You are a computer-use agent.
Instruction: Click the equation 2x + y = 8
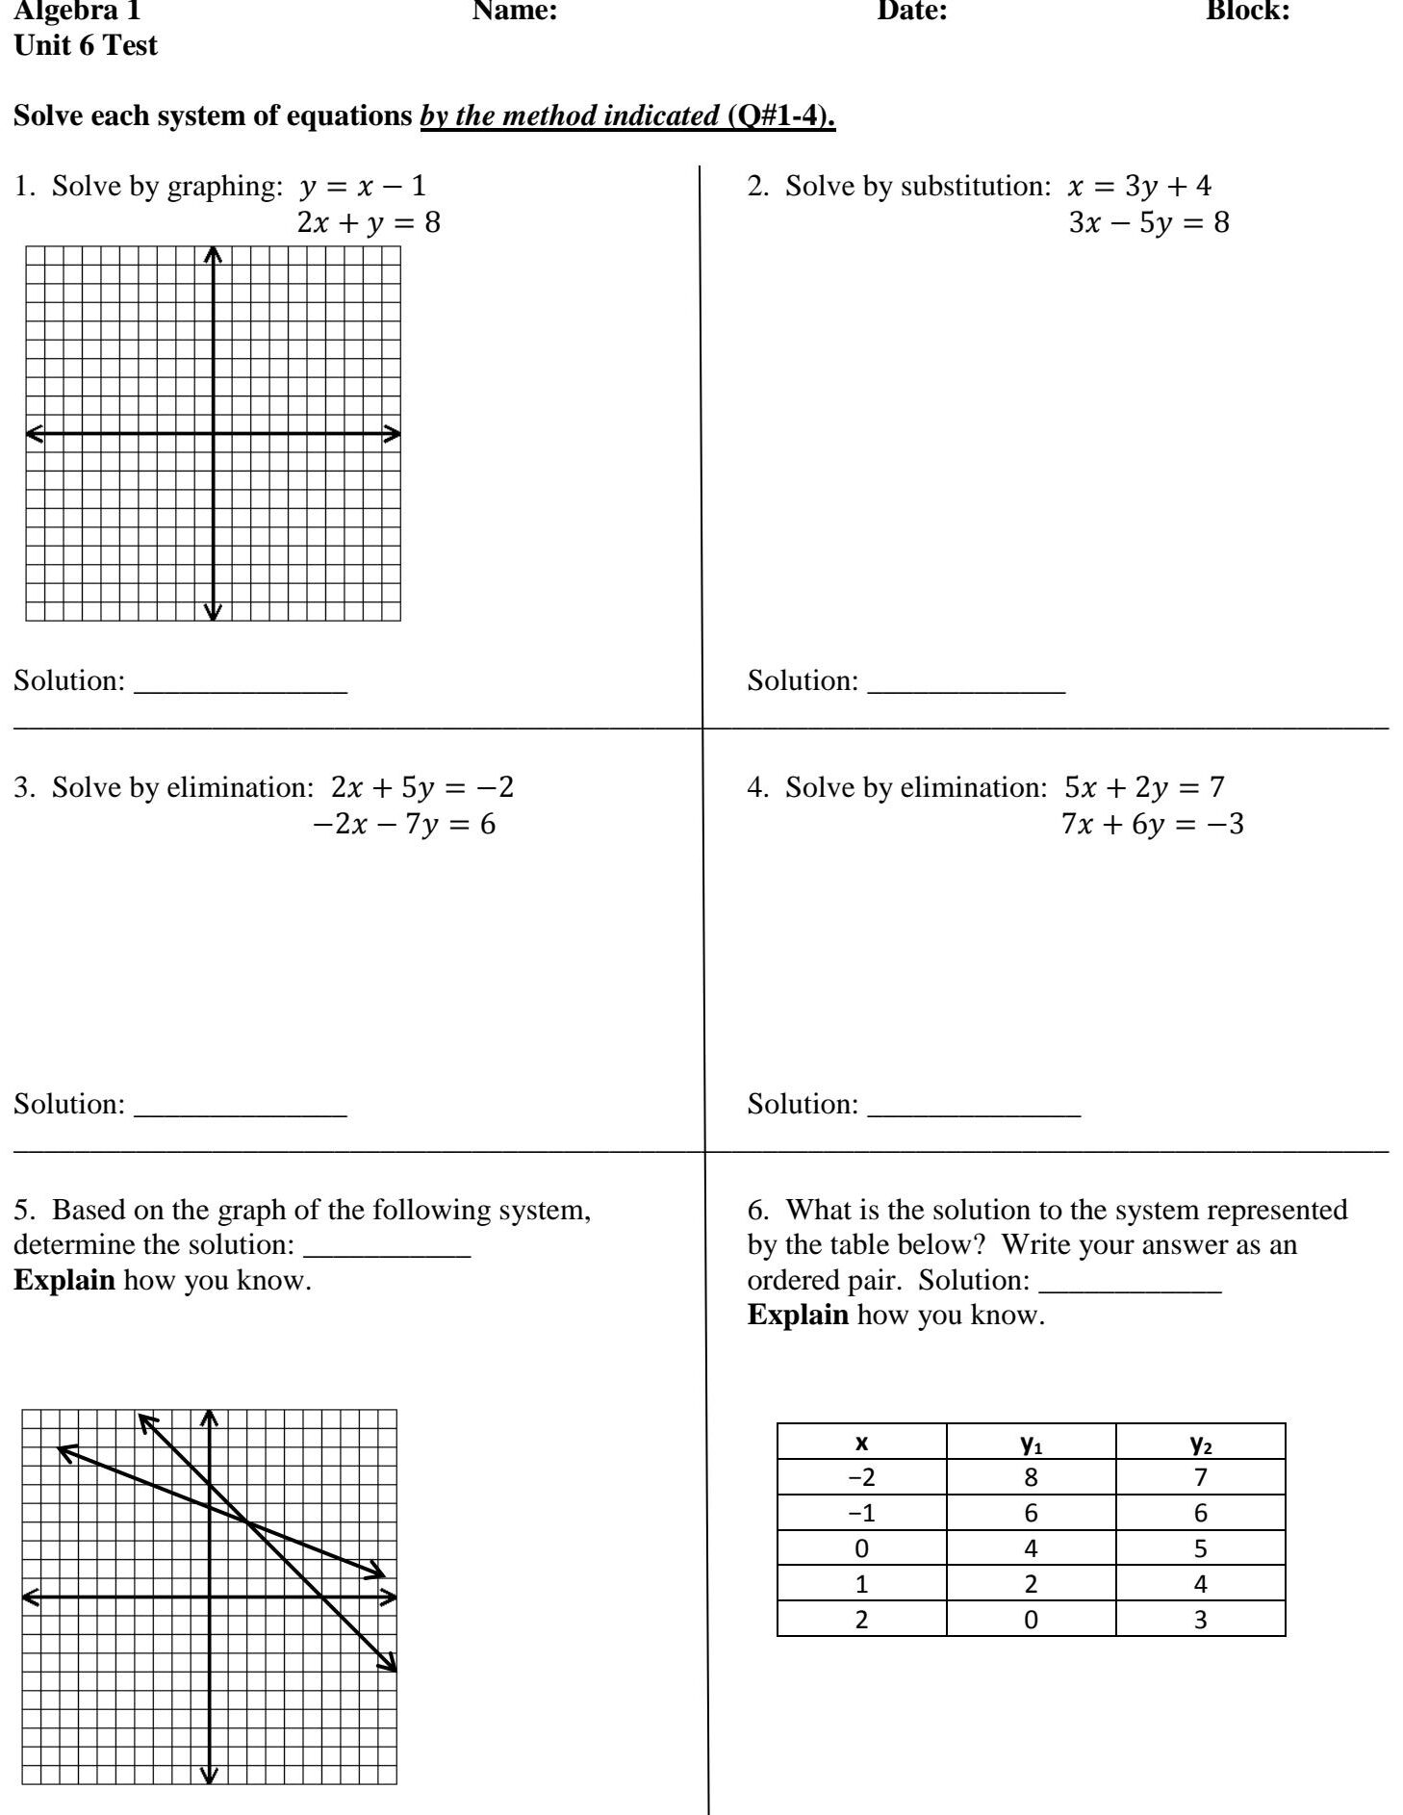[x=369, y=223]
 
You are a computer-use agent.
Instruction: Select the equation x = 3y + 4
[x=1139, y=186]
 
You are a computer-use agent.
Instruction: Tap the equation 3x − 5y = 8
[x=1149, y=223]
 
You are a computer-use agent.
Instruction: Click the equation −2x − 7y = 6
[x=404, y=825]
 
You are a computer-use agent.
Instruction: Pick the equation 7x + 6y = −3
[x=1152, y=825]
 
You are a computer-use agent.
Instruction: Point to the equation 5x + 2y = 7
[x=1144, y=787]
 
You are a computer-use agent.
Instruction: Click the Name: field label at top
[x=515, y=12]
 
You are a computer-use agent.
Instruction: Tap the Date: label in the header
[x=912, y=12]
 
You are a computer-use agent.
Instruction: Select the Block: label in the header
[x=1248, y=12]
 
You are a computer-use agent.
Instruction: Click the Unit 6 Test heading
[x=86, y=46]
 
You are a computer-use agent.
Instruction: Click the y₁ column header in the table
[x=1031, y=1443]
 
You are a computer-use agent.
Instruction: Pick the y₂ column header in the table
[x=1200, y=1443]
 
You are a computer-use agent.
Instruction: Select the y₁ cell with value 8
[x=1031, y=1477]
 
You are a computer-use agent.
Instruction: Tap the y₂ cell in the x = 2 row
[x=1200, y=1620]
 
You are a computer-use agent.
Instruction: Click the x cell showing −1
[x=861, y=1513]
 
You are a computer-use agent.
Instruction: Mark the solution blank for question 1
[x=241, y=683]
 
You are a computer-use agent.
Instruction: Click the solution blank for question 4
[x=974, y=1107]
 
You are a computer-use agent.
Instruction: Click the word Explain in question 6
[x=798, y=1316]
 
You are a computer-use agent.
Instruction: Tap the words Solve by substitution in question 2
[x=917, y=186]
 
